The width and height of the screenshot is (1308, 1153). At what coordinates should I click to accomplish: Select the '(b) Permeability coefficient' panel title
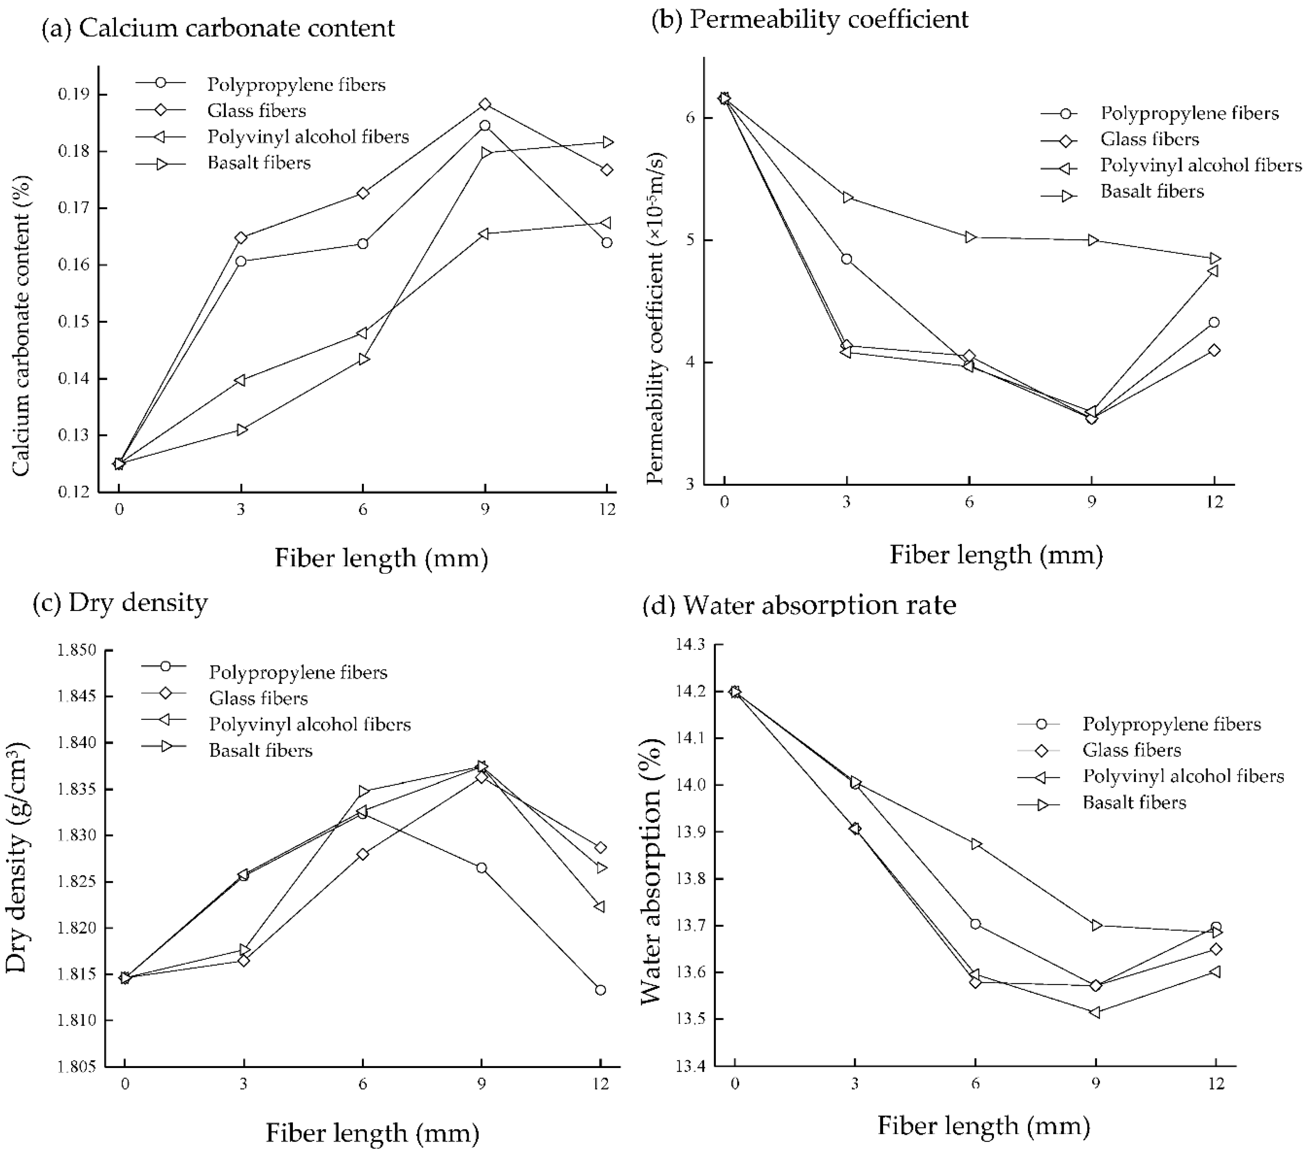click(810, 19)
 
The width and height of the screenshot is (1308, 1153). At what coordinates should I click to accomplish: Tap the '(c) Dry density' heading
click(120, 603)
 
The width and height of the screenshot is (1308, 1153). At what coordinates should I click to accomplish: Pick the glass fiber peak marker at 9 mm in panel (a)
click(485, 104)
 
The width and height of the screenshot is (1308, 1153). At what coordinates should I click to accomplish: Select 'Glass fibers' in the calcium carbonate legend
click(257, 111)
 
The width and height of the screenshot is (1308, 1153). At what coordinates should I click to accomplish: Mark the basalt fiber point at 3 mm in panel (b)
click(847, 198)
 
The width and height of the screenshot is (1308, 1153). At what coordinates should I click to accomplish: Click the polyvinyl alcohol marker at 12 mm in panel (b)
click(1213, 271)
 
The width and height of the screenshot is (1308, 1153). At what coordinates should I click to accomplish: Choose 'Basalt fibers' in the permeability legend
click(1152, 191)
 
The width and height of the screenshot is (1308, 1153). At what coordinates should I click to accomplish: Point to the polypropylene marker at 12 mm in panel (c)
click(600, 990)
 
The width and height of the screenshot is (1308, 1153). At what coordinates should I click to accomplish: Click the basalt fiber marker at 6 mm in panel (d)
click(976, 844)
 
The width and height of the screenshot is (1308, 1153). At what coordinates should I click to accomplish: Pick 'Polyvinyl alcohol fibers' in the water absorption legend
click(1183, 776)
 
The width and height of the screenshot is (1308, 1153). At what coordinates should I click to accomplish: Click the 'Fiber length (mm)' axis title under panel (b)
click(996, 555)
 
